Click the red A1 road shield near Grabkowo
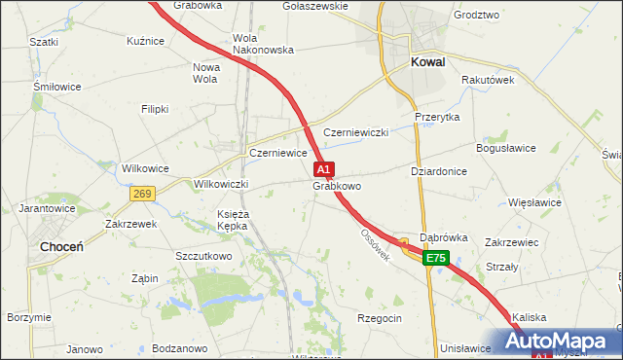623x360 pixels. pyautogui.click(x=325, y=168)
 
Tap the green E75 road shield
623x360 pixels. pyautogui.click(x=435, y=258)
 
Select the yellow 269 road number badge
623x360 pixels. pyautogui.click(x=142, y=194)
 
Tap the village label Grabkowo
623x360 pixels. pyautogui.click(x=337, y=185)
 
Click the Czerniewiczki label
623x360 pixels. pyautogui.click(x=356, y=132)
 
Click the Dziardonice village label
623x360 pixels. pyautogui.click(x=439, y=170)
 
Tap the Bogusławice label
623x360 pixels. pyautogui.click(x=505, y=148)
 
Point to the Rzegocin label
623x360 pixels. pyautogui.click(x=380, y=318)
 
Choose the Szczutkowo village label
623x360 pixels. pyautogui.click(x=203, y=256)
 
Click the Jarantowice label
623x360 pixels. pyautogui.click(x=47, y=208)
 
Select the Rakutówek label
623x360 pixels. pyautogui.click(x=488, y=80)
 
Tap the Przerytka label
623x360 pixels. pyautogui.click(x=437, y=117)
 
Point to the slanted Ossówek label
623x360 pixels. pyautogui.click(x=375, y=245)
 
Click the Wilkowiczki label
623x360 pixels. pyautogui.click(x=223, y=184)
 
